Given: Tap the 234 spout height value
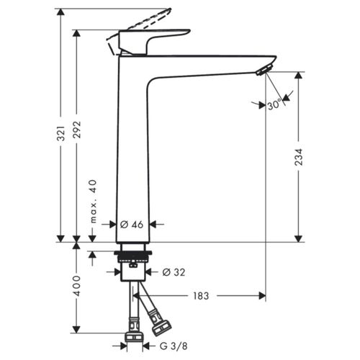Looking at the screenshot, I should [298, 158].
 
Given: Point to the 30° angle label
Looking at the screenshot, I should [274, 105].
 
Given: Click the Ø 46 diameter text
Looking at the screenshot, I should [132, 225].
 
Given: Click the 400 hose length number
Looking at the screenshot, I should [77, 286].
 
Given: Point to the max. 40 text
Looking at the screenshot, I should [92, 201].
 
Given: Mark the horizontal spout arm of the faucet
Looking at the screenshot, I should [209, 63].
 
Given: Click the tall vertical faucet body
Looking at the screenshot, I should [132, 158].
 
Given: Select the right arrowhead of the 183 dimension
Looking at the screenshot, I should [261, 295].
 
